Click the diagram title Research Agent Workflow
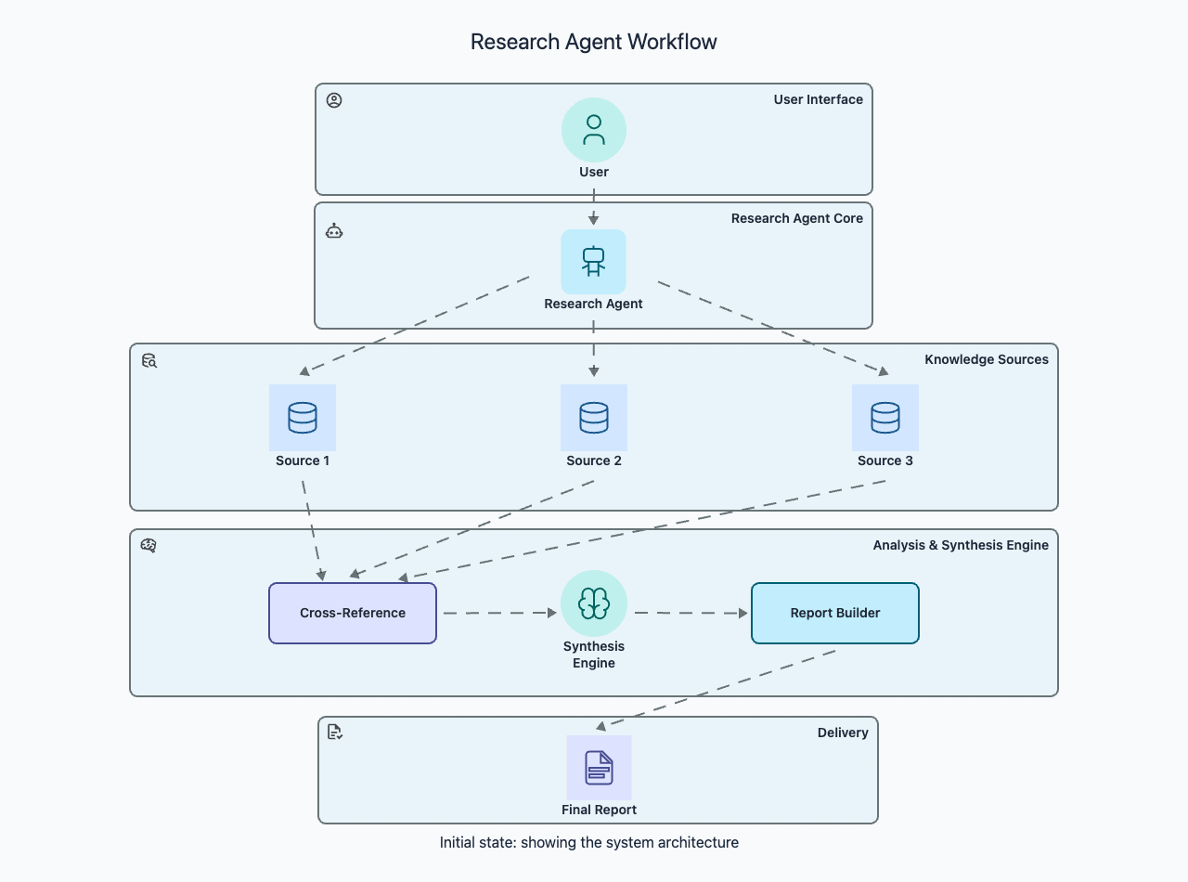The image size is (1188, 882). [593, 42]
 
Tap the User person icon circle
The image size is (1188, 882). [594, 130]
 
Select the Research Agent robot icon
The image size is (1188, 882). [594, 261]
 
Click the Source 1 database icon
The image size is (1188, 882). [303, 418]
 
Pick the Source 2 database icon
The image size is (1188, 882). [594, 418]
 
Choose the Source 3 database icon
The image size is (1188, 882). [885, 418]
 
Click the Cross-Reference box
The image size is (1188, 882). [353, 613]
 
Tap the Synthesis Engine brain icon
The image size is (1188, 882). [594, 603]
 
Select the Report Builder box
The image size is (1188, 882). [835, 613]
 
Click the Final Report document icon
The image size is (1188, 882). [600, 768]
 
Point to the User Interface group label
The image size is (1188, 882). [818, 99]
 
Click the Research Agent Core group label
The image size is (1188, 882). [796, 218]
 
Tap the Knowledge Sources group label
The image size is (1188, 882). [986, 359]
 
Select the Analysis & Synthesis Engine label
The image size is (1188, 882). [961, 545]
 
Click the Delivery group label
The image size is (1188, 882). [843, 733]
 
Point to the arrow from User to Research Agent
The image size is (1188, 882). [594, 208]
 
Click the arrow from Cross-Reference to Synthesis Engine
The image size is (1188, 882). [498, 613]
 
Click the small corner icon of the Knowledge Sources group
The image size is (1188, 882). [149, 360]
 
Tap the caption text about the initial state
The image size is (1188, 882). [589, 843]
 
